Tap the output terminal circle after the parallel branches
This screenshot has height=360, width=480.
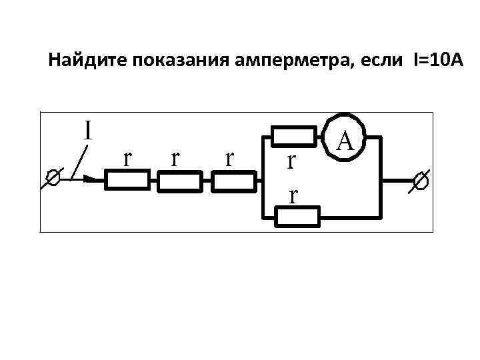(421, 179)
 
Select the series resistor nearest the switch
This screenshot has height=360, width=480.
(128, 180)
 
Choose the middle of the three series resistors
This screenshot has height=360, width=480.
(179, 180)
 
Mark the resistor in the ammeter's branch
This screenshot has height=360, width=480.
(294, 137)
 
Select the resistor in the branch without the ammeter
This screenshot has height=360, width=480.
(299, 216)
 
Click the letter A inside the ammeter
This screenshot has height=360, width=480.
(345, 139)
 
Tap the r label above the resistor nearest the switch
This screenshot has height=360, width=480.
(127, 158)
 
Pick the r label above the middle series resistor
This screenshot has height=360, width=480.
(175, 158)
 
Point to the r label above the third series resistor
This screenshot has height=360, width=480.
(230, 158)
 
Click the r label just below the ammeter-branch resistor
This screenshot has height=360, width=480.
(291, 161)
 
